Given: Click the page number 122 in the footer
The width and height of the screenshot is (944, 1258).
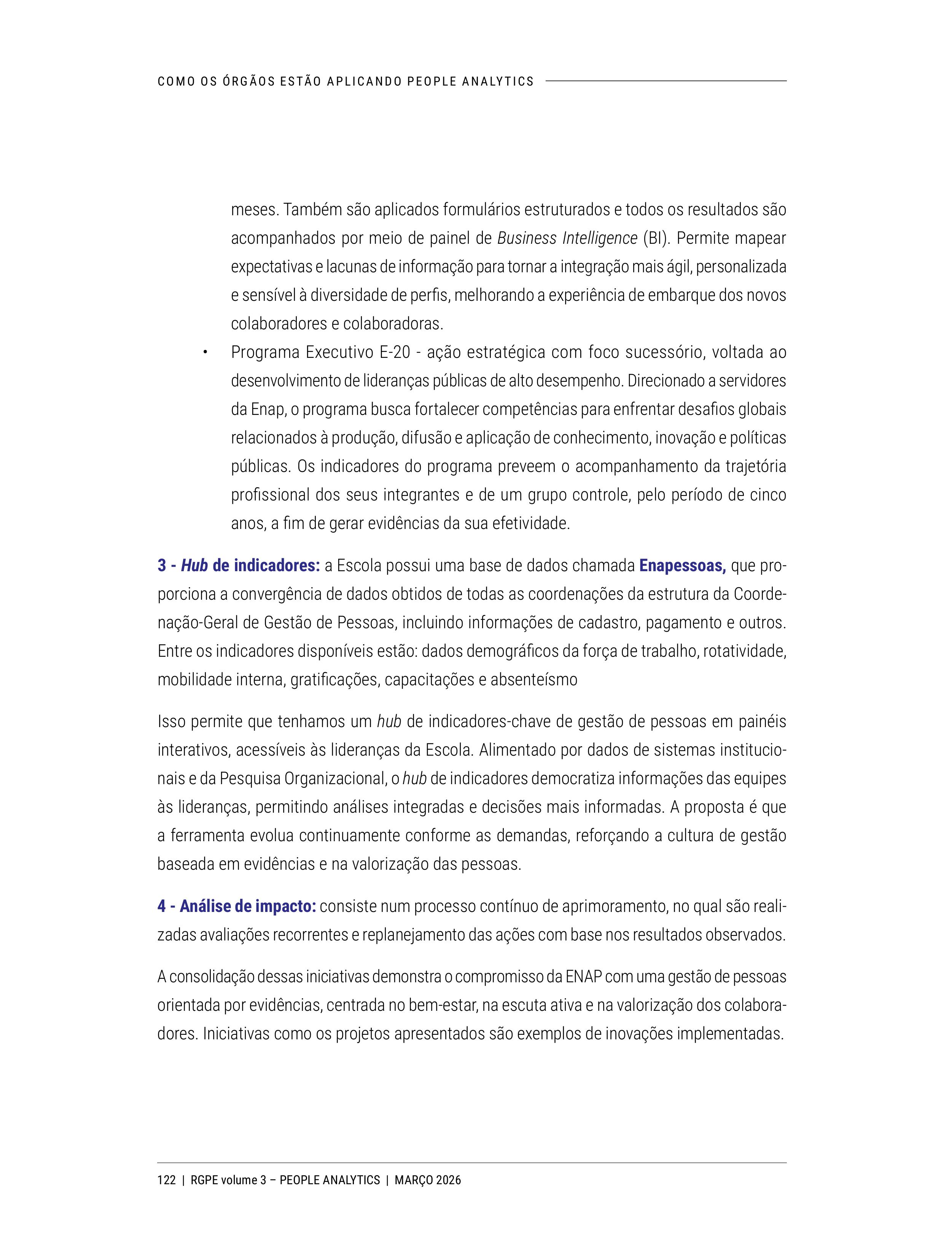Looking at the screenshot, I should tap(166, 1180).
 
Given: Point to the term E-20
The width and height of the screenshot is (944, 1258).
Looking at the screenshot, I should tap(394, 353).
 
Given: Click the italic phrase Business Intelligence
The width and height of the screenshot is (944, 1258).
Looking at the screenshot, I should tap(567, 238).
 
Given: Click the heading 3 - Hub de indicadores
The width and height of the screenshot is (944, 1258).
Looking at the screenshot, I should tap(239, 566).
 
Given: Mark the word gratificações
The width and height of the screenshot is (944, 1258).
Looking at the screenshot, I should tap(334, 680).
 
